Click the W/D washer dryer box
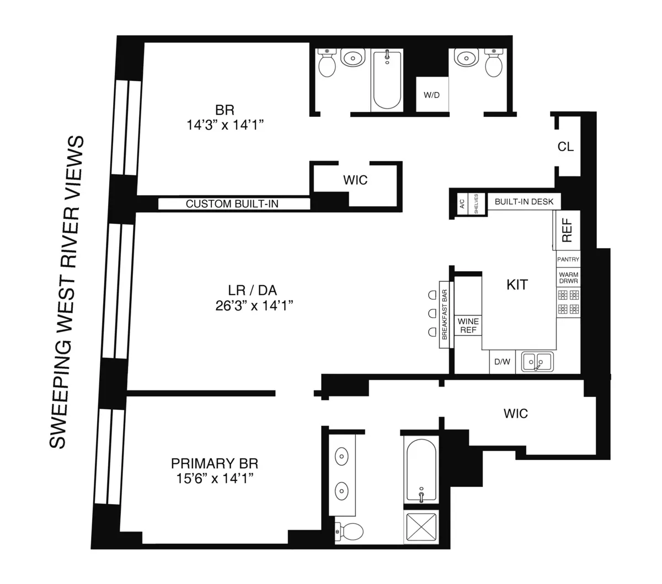click(x=431, y=95)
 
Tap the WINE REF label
click(x=468, y=326)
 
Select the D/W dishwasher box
click(x=502, y=362)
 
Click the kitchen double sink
click(x=537, y=362)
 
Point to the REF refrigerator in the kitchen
click(x=567, y=231)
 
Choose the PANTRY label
click(x=568, y=259)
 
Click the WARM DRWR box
click(x=568, y=277)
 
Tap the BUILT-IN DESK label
click(x=524, y=202)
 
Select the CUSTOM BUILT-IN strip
click(x=233, y=204)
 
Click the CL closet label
click(x=565, y=147)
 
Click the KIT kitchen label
click(x=517, y=285)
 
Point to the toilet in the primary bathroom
click(x=349, y=532)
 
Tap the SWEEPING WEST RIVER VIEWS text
click(x=68, y=292)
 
